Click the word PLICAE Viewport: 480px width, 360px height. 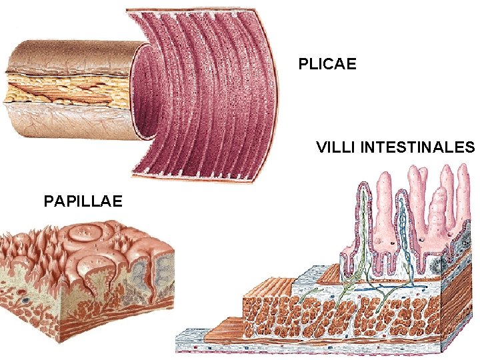(327, 64)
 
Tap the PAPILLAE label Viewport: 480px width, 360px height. (83, 200)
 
